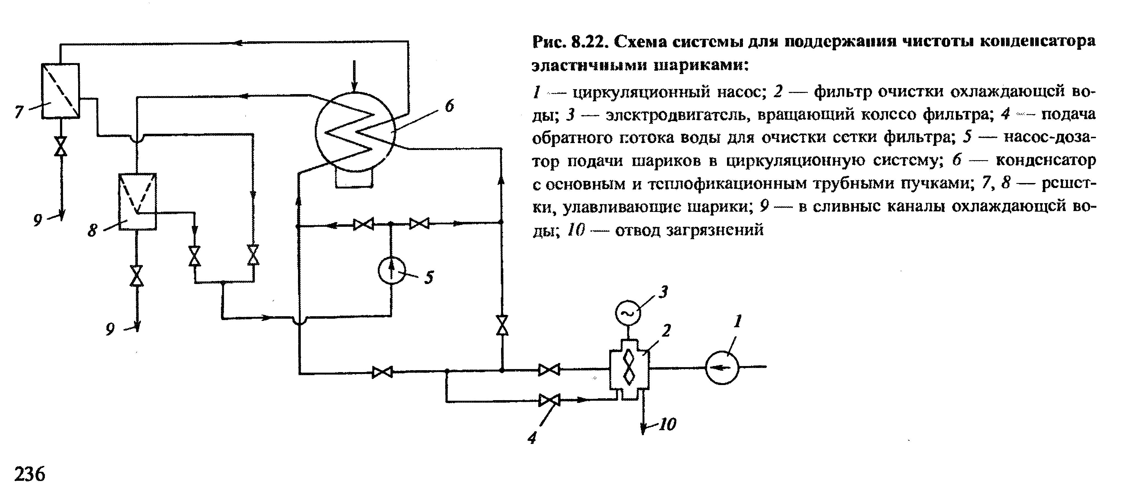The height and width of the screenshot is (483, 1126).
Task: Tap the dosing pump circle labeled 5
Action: (392, 270)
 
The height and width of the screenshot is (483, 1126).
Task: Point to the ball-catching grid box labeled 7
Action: (60, 91)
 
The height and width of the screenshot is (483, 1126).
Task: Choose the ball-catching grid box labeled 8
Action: (138, 201)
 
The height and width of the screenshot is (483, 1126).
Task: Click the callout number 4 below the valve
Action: (532, 438)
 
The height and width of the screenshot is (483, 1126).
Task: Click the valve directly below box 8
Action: (137, 276)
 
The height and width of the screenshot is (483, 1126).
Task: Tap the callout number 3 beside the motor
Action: (663, 291)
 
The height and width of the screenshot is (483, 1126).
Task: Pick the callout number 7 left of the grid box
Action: (18, 112)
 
